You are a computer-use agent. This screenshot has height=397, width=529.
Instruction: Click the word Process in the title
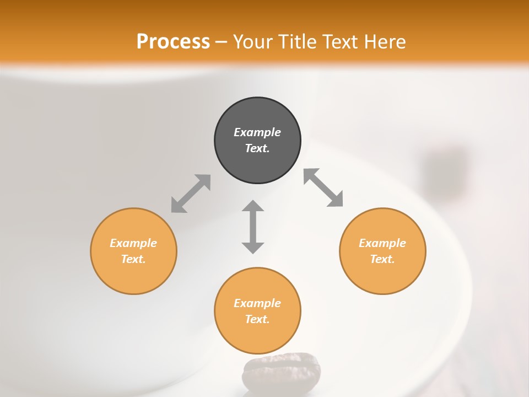tap(173, 42)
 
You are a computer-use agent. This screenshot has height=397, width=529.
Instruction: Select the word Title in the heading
tap(298, 42)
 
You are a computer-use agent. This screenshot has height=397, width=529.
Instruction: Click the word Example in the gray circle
tap(257, 132)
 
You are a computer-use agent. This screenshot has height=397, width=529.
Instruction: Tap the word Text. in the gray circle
tap(257, 148)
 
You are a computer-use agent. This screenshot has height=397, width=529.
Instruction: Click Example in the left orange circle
tap(133, 243)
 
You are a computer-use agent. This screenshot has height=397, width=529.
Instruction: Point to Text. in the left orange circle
tap(133, 259)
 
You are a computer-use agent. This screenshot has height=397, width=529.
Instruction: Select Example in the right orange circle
tap(382, 243)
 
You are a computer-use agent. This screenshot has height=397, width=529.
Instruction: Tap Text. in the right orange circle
tap(382, 259)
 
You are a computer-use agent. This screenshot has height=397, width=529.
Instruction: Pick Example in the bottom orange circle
tap(257, 303)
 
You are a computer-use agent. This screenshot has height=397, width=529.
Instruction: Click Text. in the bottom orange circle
tap(257, 319)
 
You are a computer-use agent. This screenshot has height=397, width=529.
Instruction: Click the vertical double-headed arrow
tap(253, 227)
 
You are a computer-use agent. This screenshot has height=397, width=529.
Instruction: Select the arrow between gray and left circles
tap(191, 194)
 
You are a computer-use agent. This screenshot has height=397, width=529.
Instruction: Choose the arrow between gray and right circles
tap(323, 188)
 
